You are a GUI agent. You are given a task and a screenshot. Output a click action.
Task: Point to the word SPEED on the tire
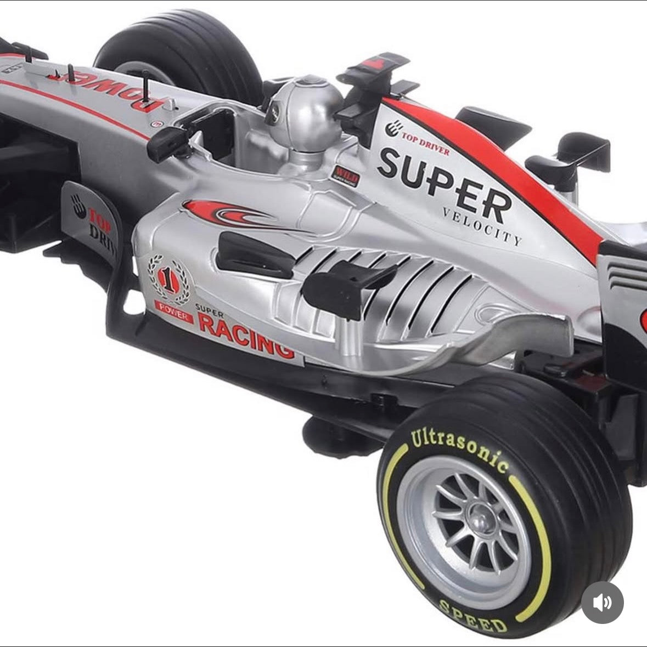click(x=472, y=615)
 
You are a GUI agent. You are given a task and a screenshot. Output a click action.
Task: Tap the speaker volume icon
click(x=602, y=603)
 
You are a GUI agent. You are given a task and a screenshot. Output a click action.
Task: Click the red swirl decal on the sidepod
click(x=230, y=213)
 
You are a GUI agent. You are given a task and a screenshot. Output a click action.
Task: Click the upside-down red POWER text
click(x=112, y=88)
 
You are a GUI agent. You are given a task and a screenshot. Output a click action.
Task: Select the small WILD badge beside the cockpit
click(x=345, y=175)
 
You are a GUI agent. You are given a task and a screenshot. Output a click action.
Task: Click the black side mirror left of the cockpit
click(x=165, y=141)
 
